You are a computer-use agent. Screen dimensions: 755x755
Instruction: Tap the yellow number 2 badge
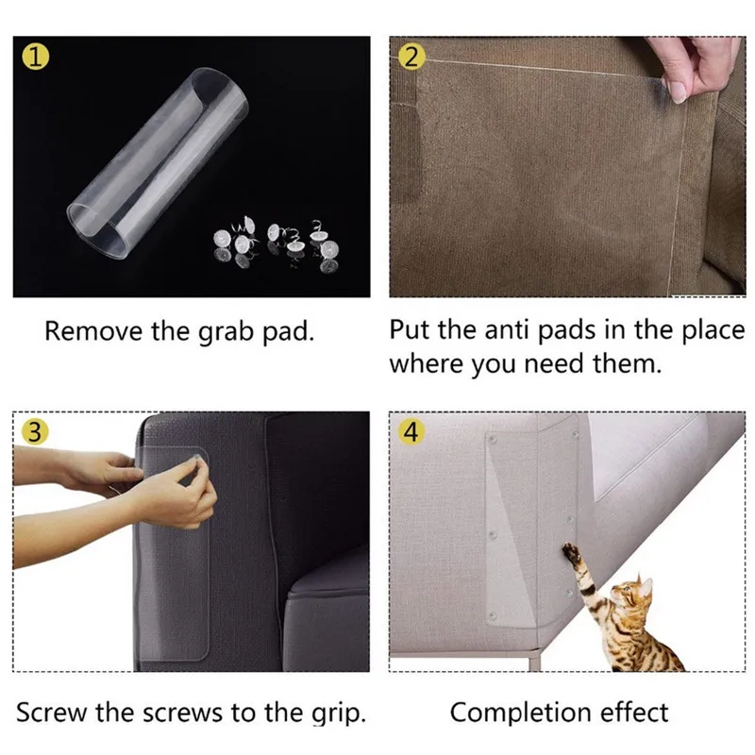pos(410,59)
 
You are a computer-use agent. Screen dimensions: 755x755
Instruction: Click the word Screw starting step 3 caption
pos(49,713)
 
